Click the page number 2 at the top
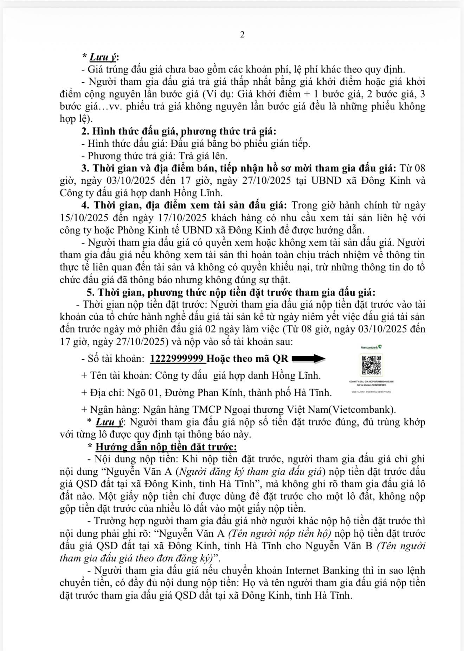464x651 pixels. pos(242,35)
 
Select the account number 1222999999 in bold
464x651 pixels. pos(177,359)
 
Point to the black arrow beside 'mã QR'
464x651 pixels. pos(308,359)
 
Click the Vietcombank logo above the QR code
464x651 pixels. pos(371,347)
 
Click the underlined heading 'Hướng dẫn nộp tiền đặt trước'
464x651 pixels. pos(166,447)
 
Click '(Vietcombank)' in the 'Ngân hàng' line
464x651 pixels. pos(363,410)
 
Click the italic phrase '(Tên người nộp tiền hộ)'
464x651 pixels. pos(280,534)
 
